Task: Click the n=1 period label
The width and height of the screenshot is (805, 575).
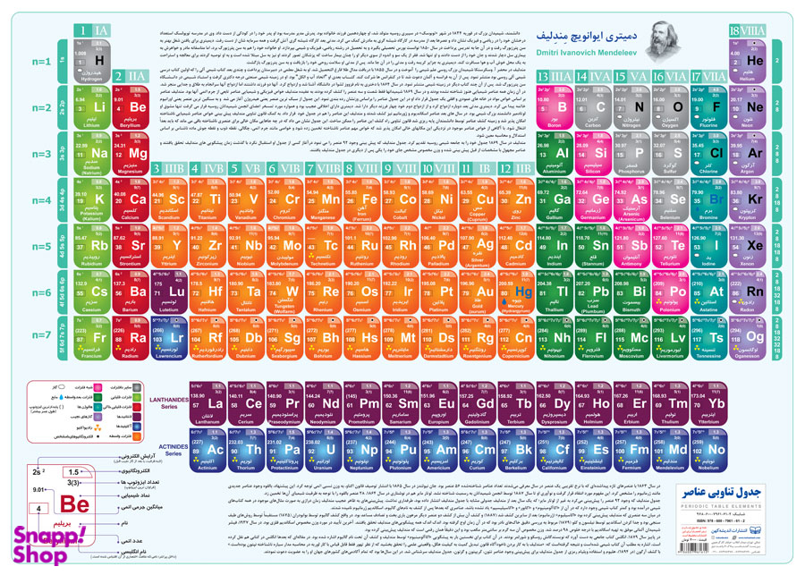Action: point(41,62)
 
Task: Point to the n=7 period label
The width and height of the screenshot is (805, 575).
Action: point(41,337)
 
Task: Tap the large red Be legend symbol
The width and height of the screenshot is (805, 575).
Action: point(74,503)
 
